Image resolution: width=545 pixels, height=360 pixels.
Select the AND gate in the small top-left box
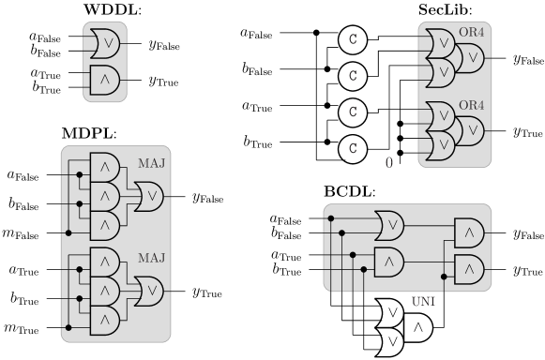tap(105, 79)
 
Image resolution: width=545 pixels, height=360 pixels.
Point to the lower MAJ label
tap(151, 258)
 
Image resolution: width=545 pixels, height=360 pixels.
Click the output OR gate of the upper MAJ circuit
tap(149, 197)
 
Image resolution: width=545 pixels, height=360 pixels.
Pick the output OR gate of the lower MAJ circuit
tap(149, 291)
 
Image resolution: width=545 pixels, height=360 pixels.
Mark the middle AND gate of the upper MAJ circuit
tap(105, 197)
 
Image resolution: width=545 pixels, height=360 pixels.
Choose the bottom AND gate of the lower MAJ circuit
tap(105, 320)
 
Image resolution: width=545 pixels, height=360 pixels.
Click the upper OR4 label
tap(471, 34)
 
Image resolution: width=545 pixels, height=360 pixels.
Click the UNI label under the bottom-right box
tap(424, 302)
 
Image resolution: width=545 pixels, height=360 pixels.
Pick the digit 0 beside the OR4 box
tap(389, 162)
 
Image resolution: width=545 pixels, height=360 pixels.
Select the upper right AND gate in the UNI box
tap(469, 232)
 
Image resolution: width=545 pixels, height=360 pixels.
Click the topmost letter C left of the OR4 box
tap(353, 39)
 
